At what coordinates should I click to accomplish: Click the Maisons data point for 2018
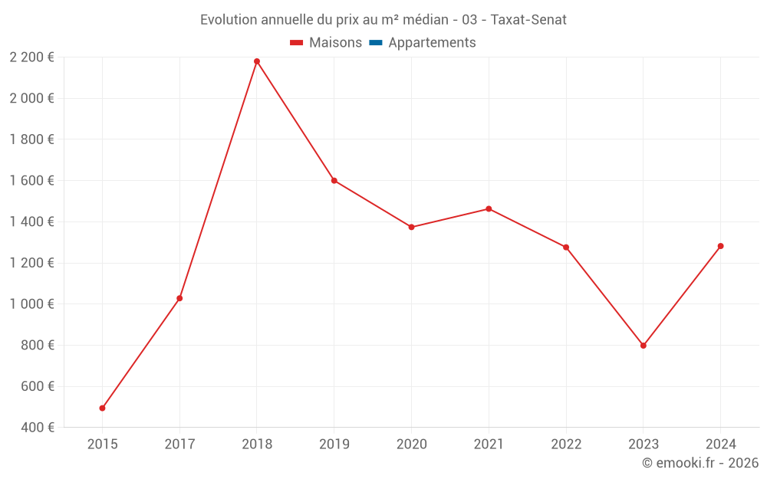pos(257,61)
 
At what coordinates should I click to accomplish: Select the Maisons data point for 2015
pos(102,408)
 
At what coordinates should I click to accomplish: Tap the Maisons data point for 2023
pos(644,346)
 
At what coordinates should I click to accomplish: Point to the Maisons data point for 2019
pos(334,181)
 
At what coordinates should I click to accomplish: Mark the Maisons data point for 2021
pos(489,208)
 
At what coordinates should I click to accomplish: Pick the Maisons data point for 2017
pos(179,298)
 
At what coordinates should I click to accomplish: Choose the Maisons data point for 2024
pos(721,246)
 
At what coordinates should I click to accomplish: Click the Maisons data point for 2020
pos(411,227)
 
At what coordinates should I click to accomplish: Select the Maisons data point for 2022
pos(566,248)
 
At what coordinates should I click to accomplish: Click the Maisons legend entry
pos(326,43)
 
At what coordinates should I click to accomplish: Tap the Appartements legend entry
pos(423,43)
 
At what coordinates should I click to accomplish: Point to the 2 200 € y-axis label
pos(31,57)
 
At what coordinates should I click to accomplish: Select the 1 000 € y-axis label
pos(31,304)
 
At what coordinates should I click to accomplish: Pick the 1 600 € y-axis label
pos(31,181)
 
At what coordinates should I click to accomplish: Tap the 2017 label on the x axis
pos(179,444)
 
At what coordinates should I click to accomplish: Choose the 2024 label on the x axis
pos(721,444)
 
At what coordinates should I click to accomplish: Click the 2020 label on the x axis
pos(411,444)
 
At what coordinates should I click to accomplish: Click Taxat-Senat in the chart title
pos(528,20)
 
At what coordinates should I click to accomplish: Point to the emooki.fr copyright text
pos(700,463)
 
